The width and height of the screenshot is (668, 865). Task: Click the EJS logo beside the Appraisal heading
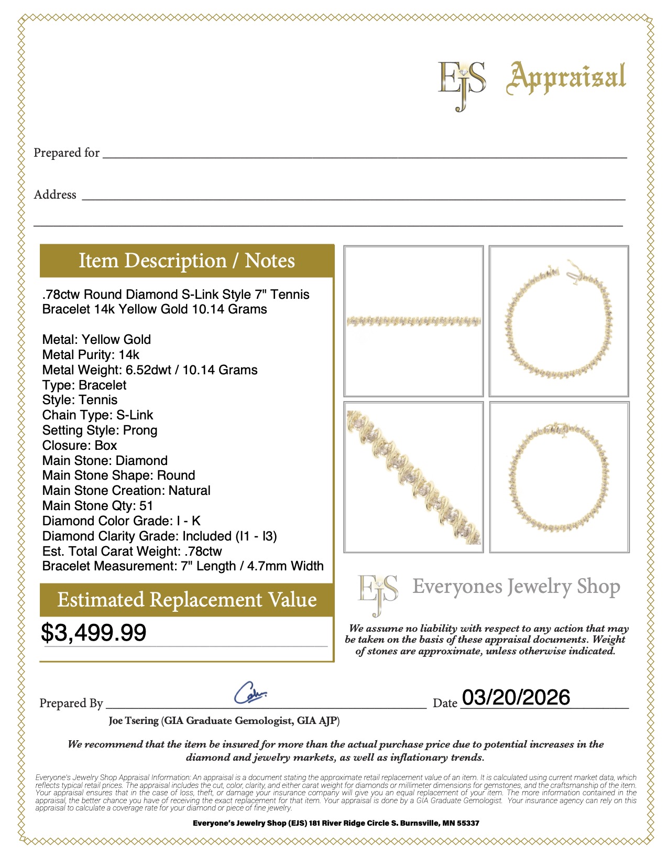[x=462, y=84]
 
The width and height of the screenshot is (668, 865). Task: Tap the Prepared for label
[x=67, y=153]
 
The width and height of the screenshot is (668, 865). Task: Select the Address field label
[x=55, y=194]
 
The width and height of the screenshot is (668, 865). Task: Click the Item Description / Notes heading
[x=187, y=261]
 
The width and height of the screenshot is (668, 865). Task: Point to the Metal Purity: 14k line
[x=91, y=354]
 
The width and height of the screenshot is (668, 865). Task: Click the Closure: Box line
[x=80, y=445]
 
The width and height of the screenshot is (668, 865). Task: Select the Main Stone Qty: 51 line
[x=97, y=505]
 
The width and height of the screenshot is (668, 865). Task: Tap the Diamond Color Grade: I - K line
[x=121, y=521]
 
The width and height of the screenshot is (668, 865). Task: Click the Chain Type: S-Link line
[x=97, y=415]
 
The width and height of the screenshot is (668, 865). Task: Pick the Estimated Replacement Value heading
[x=187, y=599]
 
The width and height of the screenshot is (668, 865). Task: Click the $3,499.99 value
[x=94, y=632]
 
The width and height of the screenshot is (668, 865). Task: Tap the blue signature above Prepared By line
[x=250, y=693]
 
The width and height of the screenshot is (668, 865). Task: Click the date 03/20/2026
[x=516, y=697]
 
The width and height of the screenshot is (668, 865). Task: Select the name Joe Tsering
[x=134, y=720]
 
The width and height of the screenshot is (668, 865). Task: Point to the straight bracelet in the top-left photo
[x=413, y=320]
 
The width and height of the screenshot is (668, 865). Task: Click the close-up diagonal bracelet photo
[x=413, y=477]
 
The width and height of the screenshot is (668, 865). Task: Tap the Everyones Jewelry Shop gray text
[x=516, y=587]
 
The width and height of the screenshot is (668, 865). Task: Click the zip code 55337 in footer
[x=468, y=823]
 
